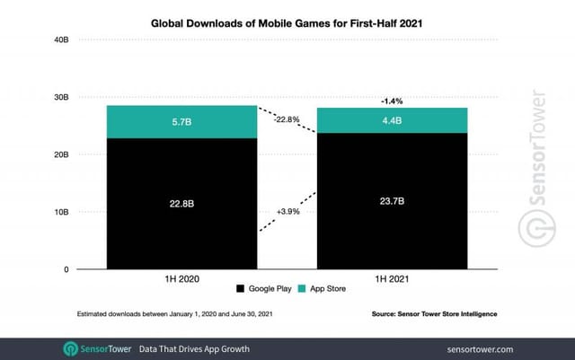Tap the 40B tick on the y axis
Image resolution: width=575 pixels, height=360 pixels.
tap(60, 40)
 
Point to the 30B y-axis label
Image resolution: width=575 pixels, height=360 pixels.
tap(60, 97)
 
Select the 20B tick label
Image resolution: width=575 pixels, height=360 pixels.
tap(60, 154)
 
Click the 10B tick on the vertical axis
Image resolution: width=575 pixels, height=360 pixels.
tap(60, 212)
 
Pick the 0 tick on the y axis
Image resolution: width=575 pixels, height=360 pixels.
tap(66, 269)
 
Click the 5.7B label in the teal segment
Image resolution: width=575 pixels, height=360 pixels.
tap(181, 121)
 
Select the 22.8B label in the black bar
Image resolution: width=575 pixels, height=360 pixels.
tap(181, 204)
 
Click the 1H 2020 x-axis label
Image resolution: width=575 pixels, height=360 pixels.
tap(181, 281)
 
